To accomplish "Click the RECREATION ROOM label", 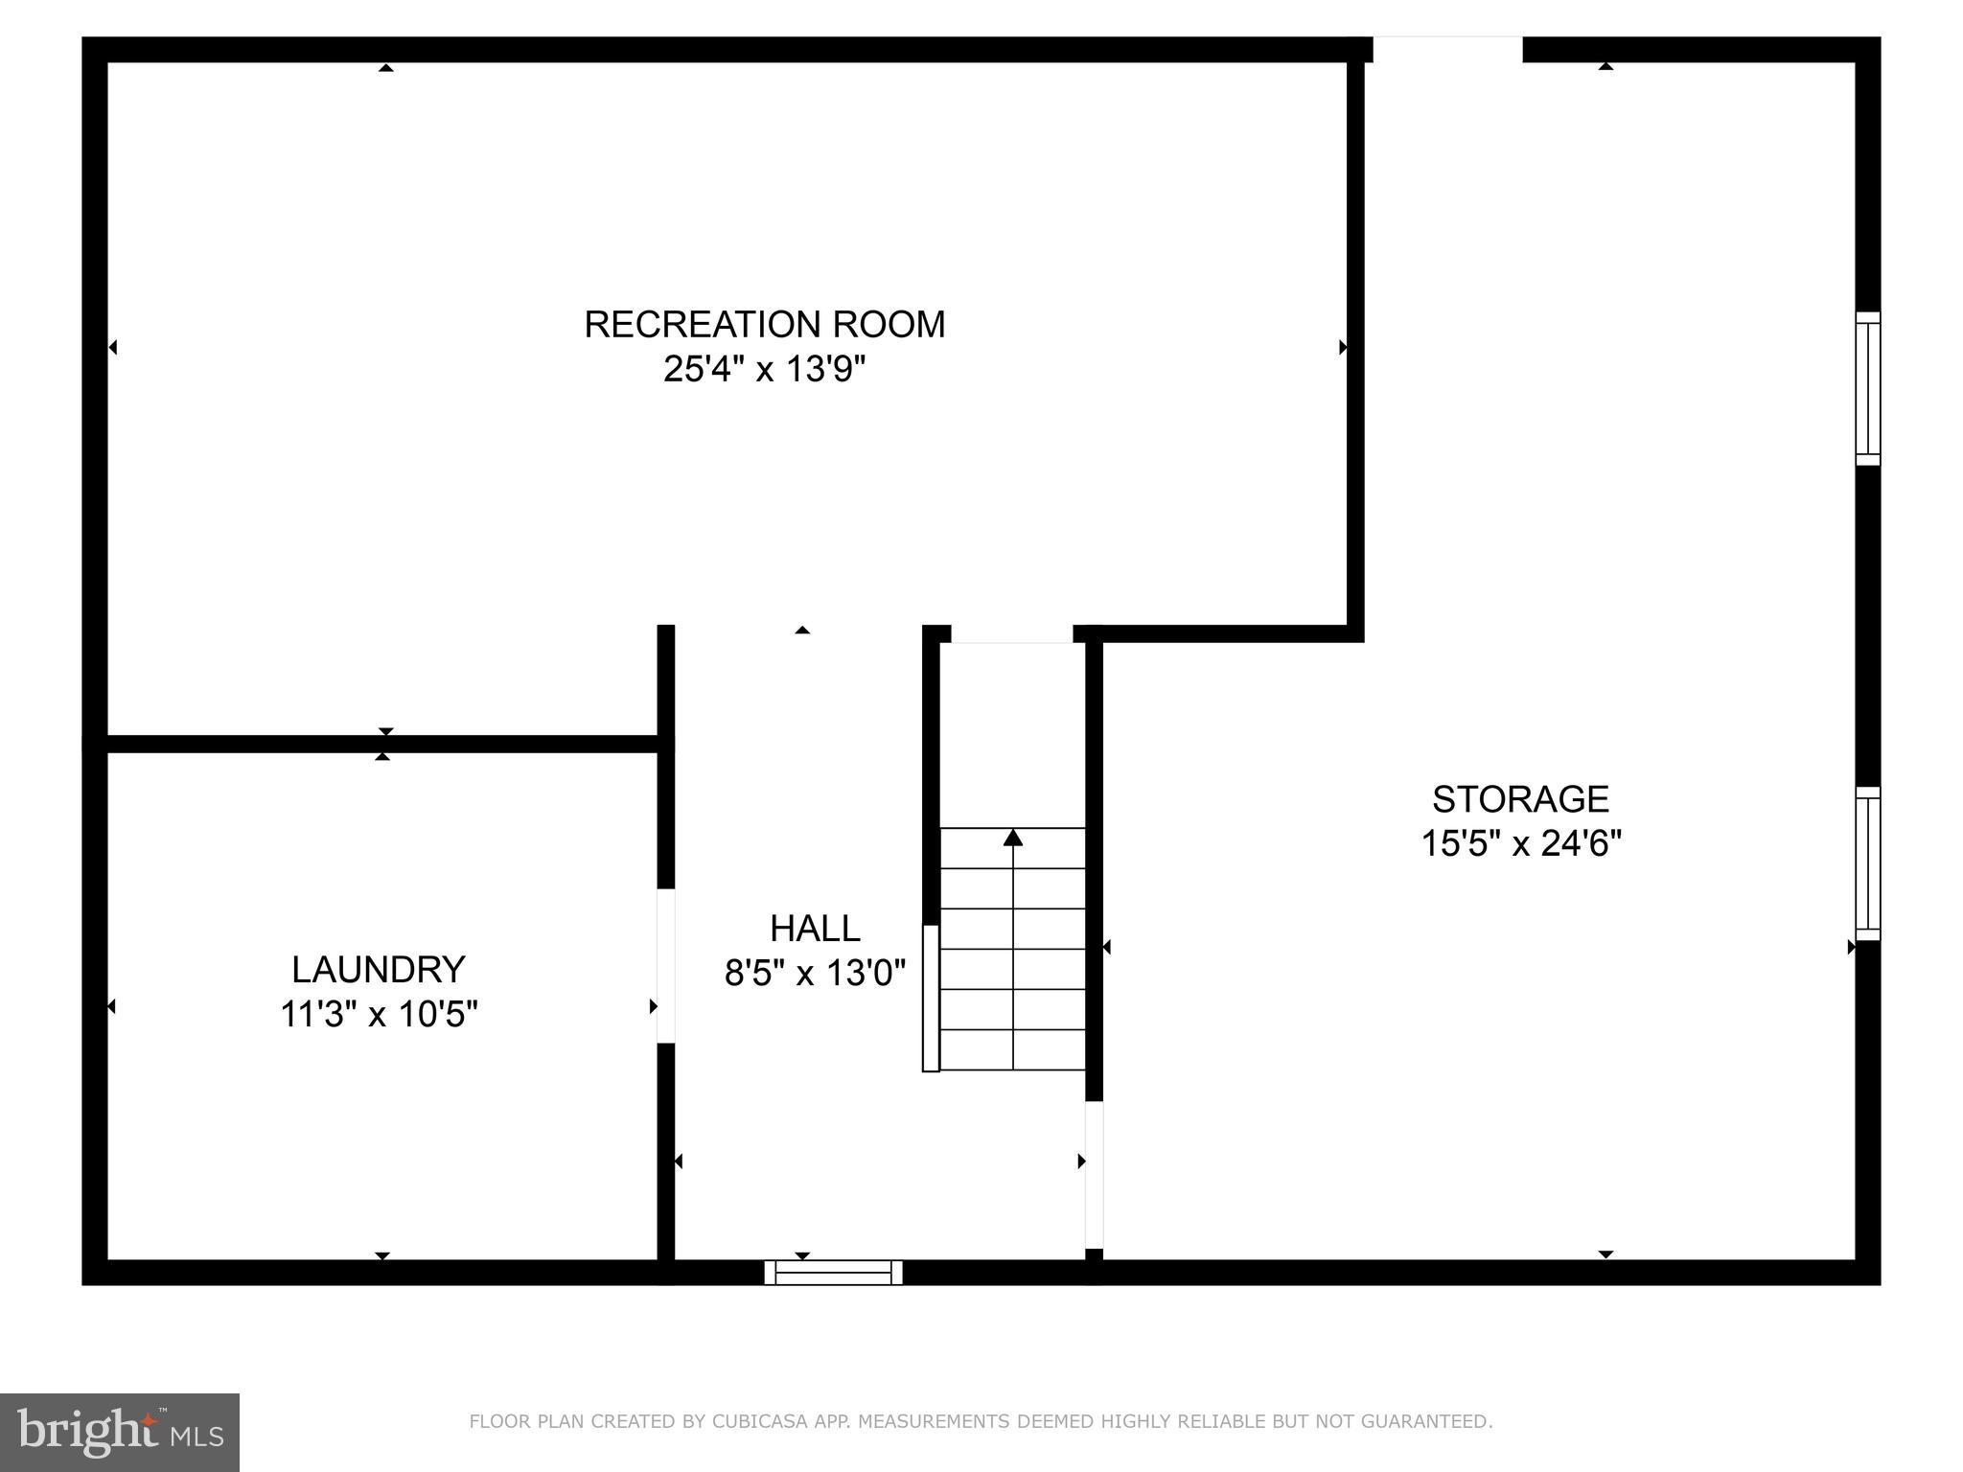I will point(764,325).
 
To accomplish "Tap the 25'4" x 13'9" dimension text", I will point(764,369).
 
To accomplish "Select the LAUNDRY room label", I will point(379,970).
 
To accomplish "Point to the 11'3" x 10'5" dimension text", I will point(379,1014).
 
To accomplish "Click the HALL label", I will point(815,929).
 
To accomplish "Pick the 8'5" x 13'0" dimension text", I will point(815,974).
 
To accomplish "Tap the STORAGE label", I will point(1520,799).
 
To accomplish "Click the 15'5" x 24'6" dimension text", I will point(1520,844).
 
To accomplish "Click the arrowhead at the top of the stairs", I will point(1013,839).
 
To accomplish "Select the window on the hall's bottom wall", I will point(833,1273).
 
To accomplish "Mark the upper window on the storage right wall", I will point(1868,389).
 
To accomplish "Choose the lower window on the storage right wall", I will point(1868,863).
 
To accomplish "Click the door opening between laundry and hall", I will point(665,966).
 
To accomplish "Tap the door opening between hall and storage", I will point(1094,1175).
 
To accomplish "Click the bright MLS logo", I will point(119,1432).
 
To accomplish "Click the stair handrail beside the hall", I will point(930,998).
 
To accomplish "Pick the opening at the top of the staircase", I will point(1011,634).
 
